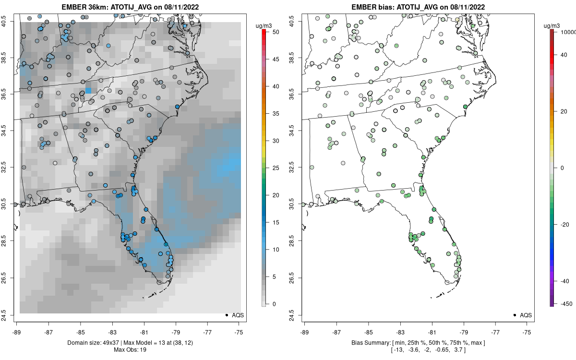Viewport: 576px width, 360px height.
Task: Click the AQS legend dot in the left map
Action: [x=226, y=315]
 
